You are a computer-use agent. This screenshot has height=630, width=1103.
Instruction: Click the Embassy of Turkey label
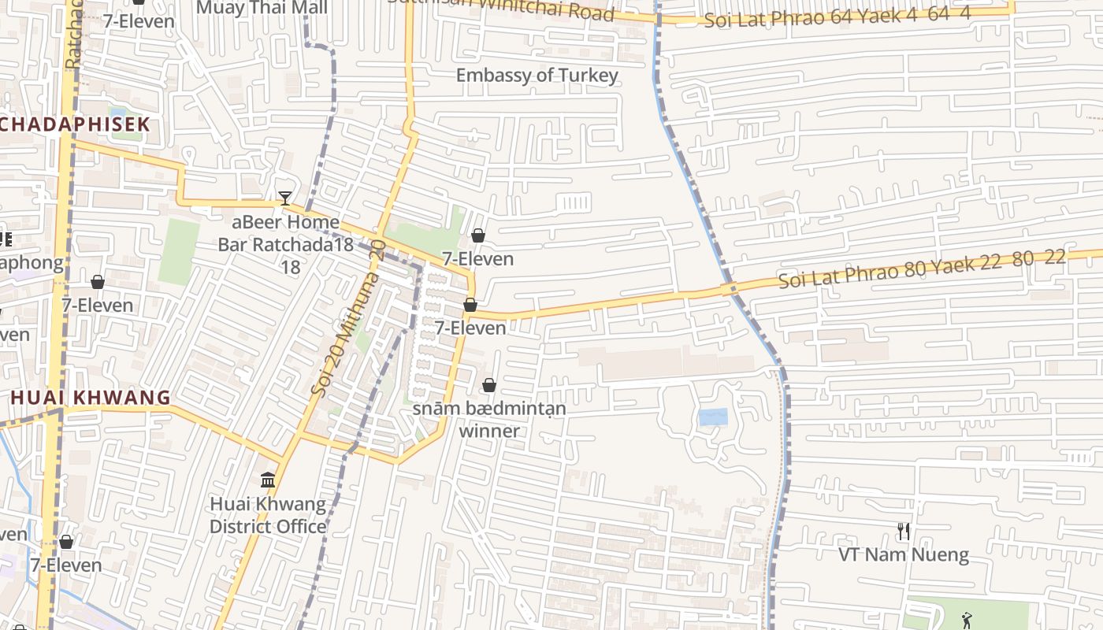pyautogui.click(x=537, y=76)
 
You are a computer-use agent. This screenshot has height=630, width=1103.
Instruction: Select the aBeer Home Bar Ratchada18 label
pyautogui.click(x=285, y=244)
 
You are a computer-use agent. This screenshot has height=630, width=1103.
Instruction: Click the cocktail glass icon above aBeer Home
pyautogui.click(x=285, y=198)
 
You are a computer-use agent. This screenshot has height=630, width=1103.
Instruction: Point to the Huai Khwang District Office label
pyautogui.click(x=268, y=515)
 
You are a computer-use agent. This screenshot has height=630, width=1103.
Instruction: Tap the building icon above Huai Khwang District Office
pyautogui.click(x=268, y=480)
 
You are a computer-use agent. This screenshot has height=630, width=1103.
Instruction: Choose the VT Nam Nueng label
pyautogui.click(x=903, y=555)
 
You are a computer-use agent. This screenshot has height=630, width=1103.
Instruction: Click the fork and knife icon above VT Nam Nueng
pyautogui.click(x=903, y=532)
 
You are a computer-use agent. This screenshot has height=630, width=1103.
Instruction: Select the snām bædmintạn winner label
pyautogui.click(x=489, y=420)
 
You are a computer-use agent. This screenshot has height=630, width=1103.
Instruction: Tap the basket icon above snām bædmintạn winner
pyautogui.click(x=489, y=385)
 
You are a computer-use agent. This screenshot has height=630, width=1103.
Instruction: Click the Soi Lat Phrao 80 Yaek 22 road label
pyautogui.click(x=922, y=269)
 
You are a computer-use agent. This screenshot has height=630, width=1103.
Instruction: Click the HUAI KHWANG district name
pyautogui.click(x=91, y=398)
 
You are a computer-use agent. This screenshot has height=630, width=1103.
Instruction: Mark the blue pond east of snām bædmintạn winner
pyautogui.click(x=713, y=417)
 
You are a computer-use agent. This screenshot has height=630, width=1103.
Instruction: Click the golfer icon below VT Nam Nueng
pyautogui.click(x=967, y=621)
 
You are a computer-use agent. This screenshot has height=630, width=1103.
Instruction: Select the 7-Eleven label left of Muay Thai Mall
pyautogui.click(x=139, y=21)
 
